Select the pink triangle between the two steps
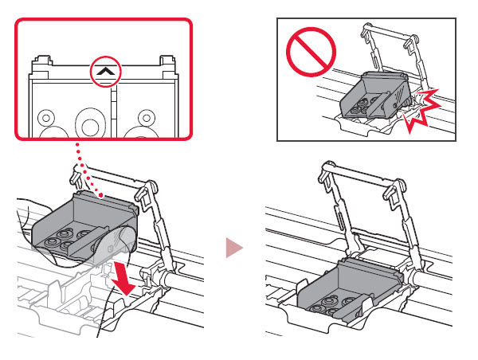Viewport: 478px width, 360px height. point(233,249)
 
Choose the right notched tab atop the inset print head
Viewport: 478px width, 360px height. point(167,61)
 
